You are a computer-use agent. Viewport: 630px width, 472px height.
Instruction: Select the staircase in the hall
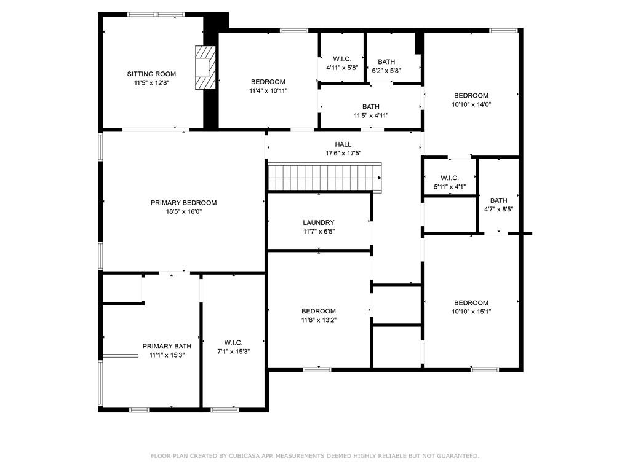[x=324, y=177]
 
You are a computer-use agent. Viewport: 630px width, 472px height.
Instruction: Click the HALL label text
[x=343, y=144]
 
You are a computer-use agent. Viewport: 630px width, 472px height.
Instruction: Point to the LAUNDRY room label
[x=319, y=222]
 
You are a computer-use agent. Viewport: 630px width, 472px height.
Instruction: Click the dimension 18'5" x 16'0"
[x=183, y=211]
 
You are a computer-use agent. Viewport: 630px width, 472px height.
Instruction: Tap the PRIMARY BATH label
[x=163, y=346]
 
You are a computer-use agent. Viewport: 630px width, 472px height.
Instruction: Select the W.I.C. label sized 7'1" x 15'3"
[x=233, y=342]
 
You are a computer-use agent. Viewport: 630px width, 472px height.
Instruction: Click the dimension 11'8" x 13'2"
[x=319, y=320]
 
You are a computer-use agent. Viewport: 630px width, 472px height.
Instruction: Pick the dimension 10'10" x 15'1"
[x=471, y=311]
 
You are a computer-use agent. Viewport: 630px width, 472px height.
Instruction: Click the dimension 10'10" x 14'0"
[x=471, y=104]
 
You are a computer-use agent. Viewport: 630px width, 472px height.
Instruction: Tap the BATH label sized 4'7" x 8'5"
[x=499, y=200]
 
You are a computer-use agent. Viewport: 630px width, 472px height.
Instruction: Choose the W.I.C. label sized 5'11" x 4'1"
[x=450, y=178]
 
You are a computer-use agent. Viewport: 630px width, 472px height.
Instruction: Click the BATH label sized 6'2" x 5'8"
[x=386, y=61]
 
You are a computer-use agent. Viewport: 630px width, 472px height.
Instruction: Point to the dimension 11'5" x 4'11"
[x=371, y=115]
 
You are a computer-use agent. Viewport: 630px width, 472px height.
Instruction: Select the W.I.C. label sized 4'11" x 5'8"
[x=342, y=59]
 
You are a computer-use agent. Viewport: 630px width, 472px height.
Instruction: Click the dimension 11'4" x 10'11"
[x=268, y=90]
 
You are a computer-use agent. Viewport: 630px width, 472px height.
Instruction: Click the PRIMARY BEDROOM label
[x=183, y=203]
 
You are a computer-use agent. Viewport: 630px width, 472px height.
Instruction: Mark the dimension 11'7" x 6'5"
[x=319, y=231]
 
